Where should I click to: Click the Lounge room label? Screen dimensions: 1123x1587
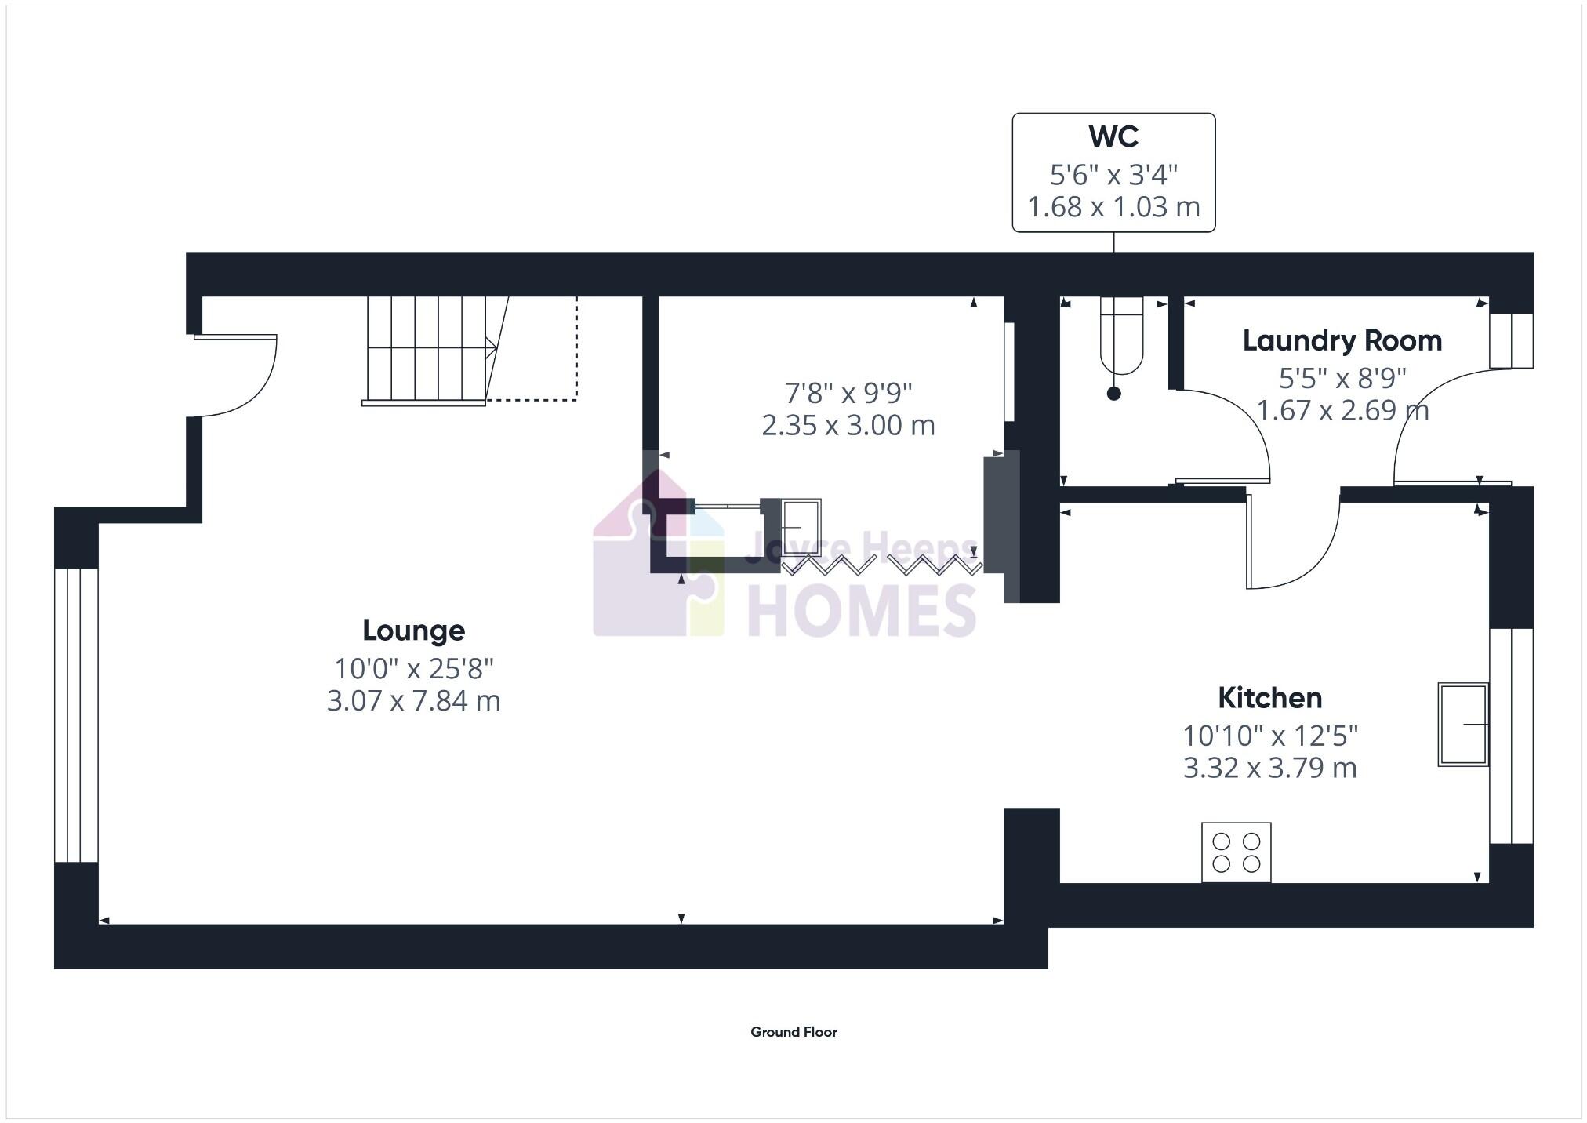[413, 630]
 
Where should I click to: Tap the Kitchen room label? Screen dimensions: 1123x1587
[1269, 697]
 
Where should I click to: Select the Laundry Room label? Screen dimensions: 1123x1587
[1342, 340]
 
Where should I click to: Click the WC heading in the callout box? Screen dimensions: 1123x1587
[1113, 136]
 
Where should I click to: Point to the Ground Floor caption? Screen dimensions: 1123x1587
[793, 1032]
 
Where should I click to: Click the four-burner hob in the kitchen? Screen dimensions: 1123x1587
[1236, 852]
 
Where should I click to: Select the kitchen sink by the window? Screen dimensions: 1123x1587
[1462, 724]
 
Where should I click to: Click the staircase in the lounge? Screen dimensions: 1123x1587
[427, 349]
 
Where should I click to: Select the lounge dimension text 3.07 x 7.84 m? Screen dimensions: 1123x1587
[413, 700]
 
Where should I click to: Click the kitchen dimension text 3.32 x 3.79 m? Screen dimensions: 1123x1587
[1269, 768]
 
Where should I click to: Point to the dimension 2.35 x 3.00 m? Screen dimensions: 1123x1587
[848, 425]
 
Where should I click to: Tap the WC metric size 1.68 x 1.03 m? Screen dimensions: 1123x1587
[1113, 207]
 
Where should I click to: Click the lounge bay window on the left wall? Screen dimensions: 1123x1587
[76, 715]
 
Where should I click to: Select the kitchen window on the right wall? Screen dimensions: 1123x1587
[1511, 736]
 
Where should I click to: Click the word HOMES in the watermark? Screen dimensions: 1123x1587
[862, 612]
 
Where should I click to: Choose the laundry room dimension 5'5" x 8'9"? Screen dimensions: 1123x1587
[1342, 379]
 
